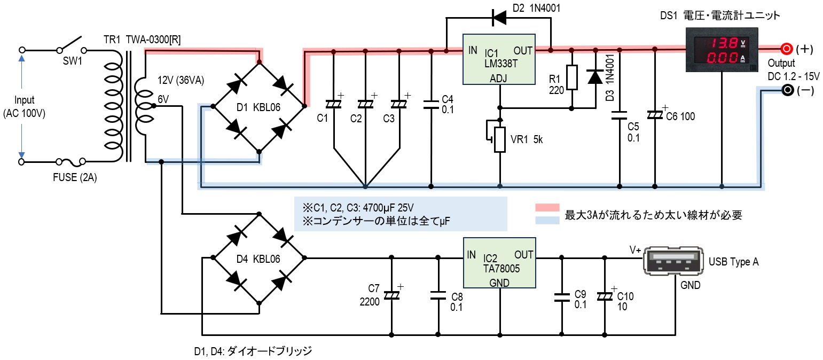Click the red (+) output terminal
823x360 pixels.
point(786,49)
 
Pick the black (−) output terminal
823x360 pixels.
point(787,90)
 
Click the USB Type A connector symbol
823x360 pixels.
point(675,261)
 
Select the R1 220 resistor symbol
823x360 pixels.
point(572,77)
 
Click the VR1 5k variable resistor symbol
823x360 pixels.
point(499,139)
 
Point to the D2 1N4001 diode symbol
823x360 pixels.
point(500,18)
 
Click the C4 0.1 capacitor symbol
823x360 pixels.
point(431,105)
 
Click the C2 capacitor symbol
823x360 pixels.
point(366,105)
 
